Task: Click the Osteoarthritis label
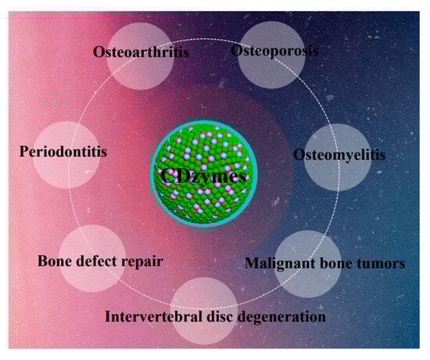[141, 52]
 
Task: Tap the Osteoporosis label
[274, 51]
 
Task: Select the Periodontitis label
[63, 151]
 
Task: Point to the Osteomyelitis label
[339, 155]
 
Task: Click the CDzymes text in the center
[203, 176]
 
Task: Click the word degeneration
[281, 317]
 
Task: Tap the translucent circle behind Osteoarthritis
[140, 56]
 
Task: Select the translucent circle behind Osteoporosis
[271, 55]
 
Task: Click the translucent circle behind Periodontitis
[66, 155]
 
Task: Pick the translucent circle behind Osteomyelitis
[338, 157]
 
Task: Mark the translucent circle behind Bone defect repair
[92, 258]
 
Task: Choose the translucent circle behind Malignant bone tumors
[308, 264]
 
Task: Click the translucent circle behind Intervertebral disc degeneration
[204, 311]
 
